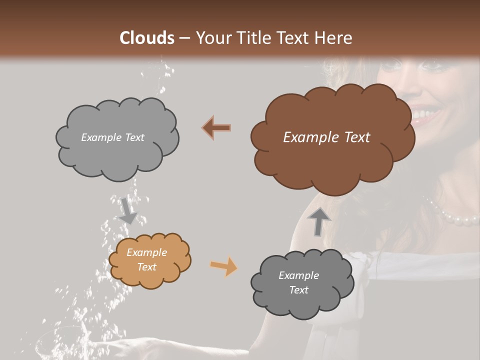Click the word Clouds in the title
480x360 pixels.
click(147, 38)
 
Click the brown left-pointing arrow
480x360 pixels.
click(217, 128)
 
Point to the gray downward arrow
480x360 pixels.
click(128, 210)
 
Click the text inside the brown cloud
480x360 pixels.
click(326, 137)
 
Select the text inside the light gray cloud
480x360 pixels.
click(112, 137)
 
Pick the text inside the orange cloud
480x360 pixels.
click(146, 259)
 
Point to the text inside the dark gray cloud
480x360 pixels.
click(298, 282)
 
